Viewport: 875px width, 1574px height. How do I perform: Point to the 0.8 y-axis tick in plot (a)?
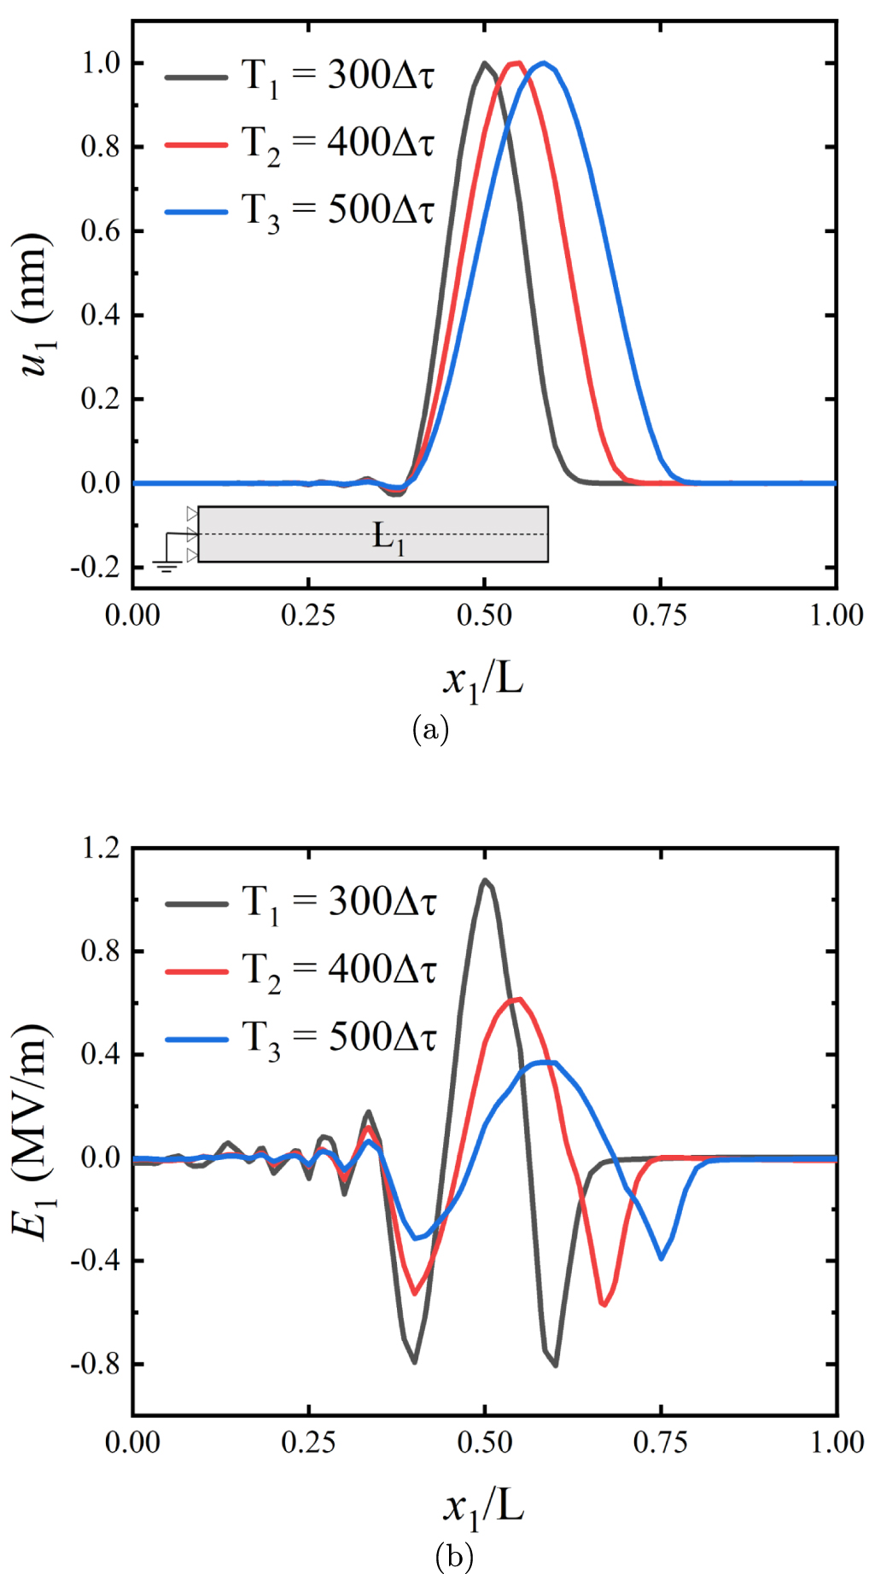pyautogui.click(x=100, y=147)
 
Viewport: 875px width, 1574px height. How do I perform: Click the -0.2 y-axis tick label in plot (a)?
pyautogui.click(x=96, y=568)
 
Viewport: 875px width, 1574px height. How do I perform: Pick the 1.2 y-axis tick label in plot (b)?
pyautogui.click(x=101, y=848)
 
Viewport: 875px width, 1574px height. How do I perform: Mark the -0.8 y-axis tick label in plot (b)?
pyautogui.click(x=96, y=1364)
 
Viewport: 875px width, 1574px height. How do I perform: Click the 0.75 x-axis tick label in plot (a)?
pyautogui.click(x=659, y=615)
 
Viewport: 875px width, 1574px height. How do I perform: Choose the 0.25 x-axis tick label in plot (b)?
pyautogui.click(x=308, y=1443)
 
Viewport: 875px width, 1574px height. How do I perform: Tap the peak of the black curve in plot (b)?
pyautogui.click(x=485, y=879)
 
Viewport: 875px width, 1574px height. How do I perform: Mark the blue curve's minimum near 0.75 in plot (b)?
pyautogui.click(x=661, y=1258)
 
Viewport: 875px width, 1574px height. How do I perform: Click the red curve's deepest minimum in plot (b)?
pyautogui.click(x=604, y=1304)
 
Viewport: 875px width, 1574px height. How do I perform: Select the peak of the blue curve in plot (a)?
pyautogui.click(x=543, y=62)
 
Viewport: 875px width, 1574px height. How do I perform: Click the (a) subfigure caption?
pyautogui.click(x=430, y=730)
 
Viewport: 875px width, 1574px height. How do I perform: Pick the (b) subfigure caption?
pyautogui.click(x=454, y=1556)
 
